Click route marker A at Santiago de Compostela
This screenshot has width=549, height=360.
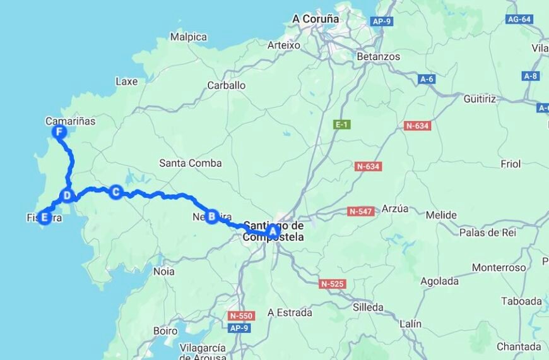pos(273,231)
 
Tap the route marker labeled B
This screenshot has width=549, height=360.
pos(212,216)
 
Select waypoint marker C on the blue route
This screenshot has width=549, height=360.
pos(115,191)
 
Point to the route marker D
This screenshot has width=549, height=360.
pos(67,195)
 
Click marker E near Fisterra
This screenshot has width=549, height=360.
pos(44,218)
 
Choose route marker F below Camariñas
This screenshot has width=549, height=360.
pos(59,132)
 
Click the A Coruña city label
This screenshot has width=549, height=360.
pos(316,19)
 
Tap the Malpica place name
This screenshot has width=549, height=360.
pos(188,37)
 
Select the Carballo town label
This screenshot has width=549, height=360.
pos(227,85)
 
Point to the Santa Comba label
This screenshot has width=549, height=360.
pos(190,163)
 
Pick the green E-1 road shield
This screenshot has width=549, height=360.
pos(341,125)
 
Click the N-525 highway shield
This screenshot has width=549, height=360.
pos(332,284)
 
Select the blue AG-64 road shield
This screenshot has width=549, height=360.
pos(519,20)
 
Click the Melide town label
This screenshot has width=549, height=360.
pos(441,215)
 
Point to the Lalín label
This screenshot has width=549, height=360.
pos(410,323)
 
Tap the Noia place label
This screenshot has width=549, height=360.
pos(164,272)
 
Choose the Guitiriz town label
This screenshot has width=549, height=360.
pos(480,99)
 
